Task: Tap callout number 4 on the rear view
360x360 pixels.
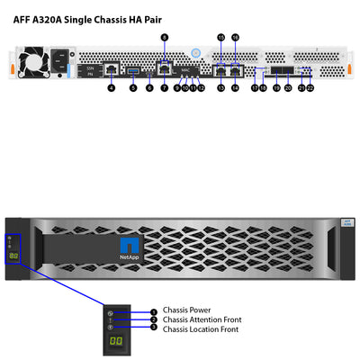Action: [111, 88]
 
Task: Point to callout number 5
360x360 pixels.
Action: [133, 88]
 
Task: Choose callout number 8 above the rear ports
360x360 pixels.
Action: [164, 37]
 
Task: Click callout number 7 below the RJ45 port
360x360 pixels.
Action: [165, 88]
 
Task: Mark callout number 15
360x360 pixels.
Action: [221, 37]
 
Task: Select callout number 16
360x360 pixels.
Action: [236, 37]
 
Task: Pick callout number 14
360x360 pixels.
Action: [237, 88]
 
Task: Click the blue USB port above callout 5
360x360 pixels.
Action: [133, 69]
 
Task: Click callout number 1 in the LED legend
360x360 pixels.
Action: [153, 310]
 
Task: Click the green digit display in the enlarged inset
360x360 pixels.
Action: [115, 343]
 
